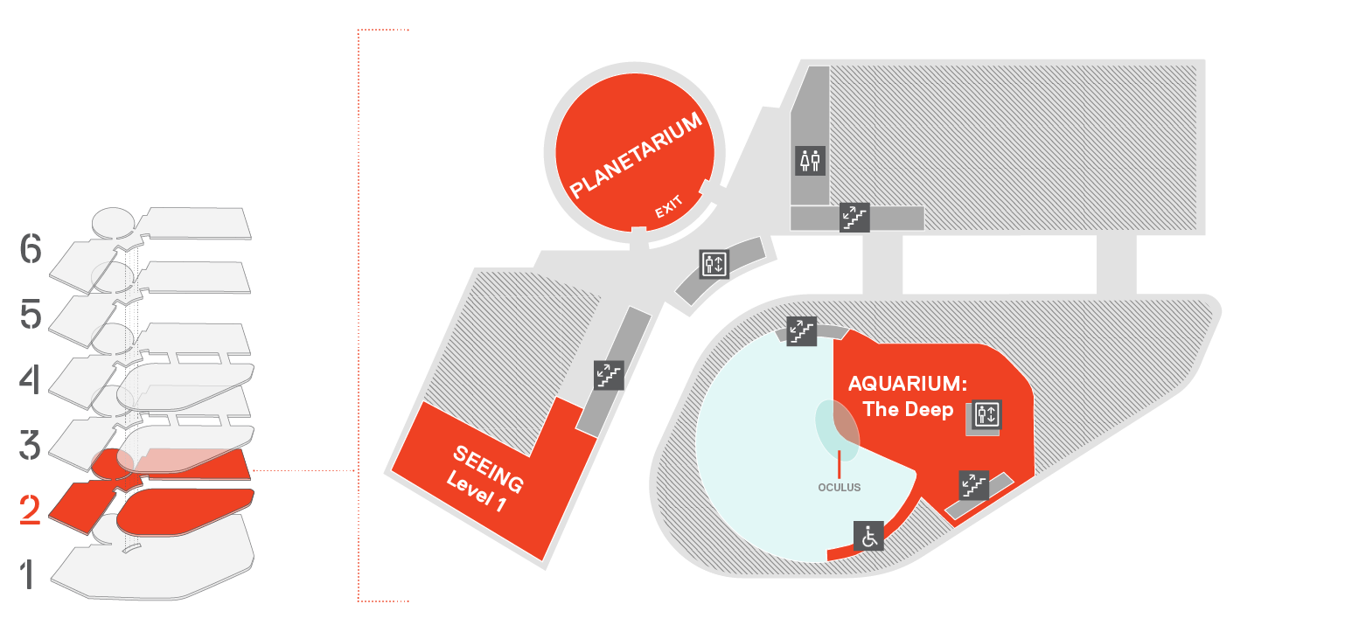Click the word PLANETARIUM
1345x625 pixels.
coord(635,155)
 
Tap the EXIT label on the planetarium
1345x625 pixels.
coord(668,206)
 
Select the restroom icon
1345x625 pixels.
coord(810,161)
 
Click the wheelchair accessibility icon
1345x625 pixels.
coord(868,536)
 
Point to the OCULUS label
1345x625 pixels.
coord(839,488)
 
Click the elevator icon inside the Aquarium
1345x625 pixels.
coord(986,414)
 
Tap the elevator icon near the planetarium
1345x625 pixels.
coord(714,264)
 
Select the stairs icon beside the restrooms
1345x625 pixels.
coord(854,217)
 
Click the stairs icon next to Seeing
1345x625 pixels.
coord(609,375)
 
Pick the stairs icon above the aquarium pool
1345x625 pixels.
coord(802,331)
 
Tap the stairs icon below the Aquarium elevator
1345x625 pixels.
coord(974,485)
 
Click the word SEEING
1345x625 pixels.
coord(488,469)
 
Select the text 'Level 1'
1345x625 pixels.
coord(476,490)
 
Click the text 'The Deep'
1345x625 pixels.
coord(908,409)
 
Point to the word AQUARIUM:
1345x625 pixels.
coord(907,384)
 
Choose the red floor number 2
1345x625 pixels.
coord(30,510)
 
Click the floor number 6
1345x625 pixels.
coord(31,248)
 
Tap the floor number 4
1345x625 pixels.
coord(30,379)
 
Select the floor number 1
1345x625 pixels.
coord(27,574)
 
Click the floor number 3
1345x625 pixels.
coord(30,445)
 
